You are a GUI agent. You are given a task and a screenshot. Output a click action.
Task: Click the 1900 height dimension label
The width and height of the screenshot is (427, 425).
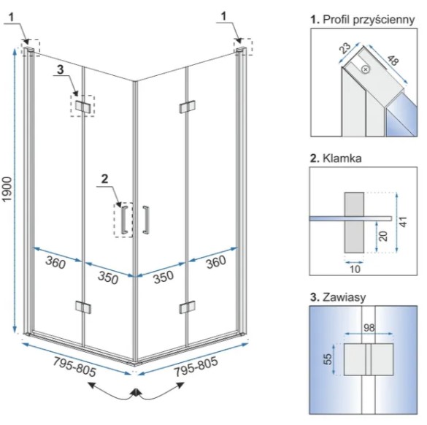tap(7, 189)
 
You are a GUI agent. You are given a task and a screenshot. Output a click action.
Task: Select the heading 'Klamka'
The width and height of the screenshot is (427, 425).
tap(342, 158)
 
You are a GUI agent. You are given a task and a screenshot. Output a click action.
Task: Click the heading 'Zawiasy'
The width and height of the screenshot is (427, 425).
tap(344, 297)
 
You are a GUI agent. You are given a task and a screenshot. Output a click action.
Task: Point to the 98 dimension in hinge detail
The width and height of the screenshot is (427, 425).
tap(369, 328)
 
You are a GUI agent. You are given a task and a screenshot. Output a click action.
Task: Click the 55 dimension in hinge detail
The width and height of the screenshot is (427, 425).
tap(328, 359)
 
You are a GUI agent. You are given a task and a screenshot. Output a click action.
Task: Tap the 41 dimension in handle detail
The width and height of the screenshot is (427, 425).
tap(404, 222)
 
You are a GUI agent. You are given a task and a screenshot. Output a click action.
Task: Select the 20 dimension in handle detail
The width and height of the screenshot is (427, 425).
tap(383, 236)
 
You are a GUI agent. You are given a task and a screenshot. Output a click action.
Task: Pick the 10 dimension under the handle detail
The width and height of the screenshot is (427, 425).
tap(355, 269)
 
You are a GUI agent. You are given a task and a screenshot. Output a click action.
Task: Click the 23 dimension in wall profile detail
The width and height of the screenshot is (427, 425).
tap(345, 48)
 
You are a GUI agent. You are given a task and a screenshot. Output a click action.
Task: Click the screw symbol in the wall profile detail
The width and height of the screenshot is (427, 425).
tap(366, 69)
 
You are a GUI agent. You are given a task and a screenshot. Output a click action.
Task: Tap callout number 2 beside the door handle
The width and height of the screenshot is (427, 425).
tap(105, 179)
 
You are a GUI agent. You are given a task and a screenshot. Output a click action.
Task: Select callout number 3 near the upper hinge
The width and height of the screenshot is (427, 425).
tap(61, 69)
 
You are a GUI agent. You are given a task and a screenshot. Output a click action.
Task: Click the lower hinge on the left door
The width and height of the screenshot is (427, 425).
tap(83, 307)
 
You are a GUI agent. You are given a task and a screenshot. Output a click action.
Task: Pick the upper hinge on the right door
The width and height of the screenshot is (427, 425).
tap(188, 107)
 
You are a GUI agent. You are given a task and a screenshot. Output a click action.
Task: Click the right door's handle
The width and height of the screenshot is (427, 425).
tap(146, 220)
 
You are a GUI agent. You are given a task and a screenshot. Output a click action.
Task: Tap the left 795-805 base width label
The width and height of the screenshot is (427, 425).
tap(74, 367)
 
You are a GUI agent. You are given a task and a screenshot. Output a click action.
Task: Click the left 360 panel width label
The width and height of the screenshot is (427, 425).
tap(55, 262)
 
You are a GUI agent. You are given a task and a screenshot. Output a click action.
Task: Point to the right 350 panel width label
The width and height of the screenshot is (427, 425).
tap(164, 277)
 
